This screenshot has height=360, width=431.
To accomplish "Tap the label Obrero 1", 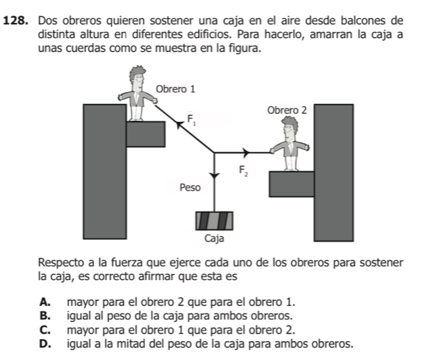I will coord(175,89).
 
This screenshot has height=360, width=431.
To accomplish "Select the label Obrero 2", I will coord(287,110).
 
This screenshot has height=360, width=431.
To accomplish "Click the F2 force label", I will coord(242,171).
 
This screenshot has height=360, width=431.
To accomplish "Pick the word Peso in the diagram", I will coord(190,187).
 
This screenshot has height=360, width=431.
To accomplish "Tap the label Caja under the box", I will coord(213,239).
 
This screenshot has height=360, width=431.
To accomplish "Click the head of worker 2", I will coord(291,127).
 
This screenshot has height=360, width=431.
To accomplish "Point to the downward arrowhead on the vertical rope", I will coord(214,174).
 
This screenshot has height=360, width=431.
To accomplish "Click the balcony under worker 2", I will coord(291,184).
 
